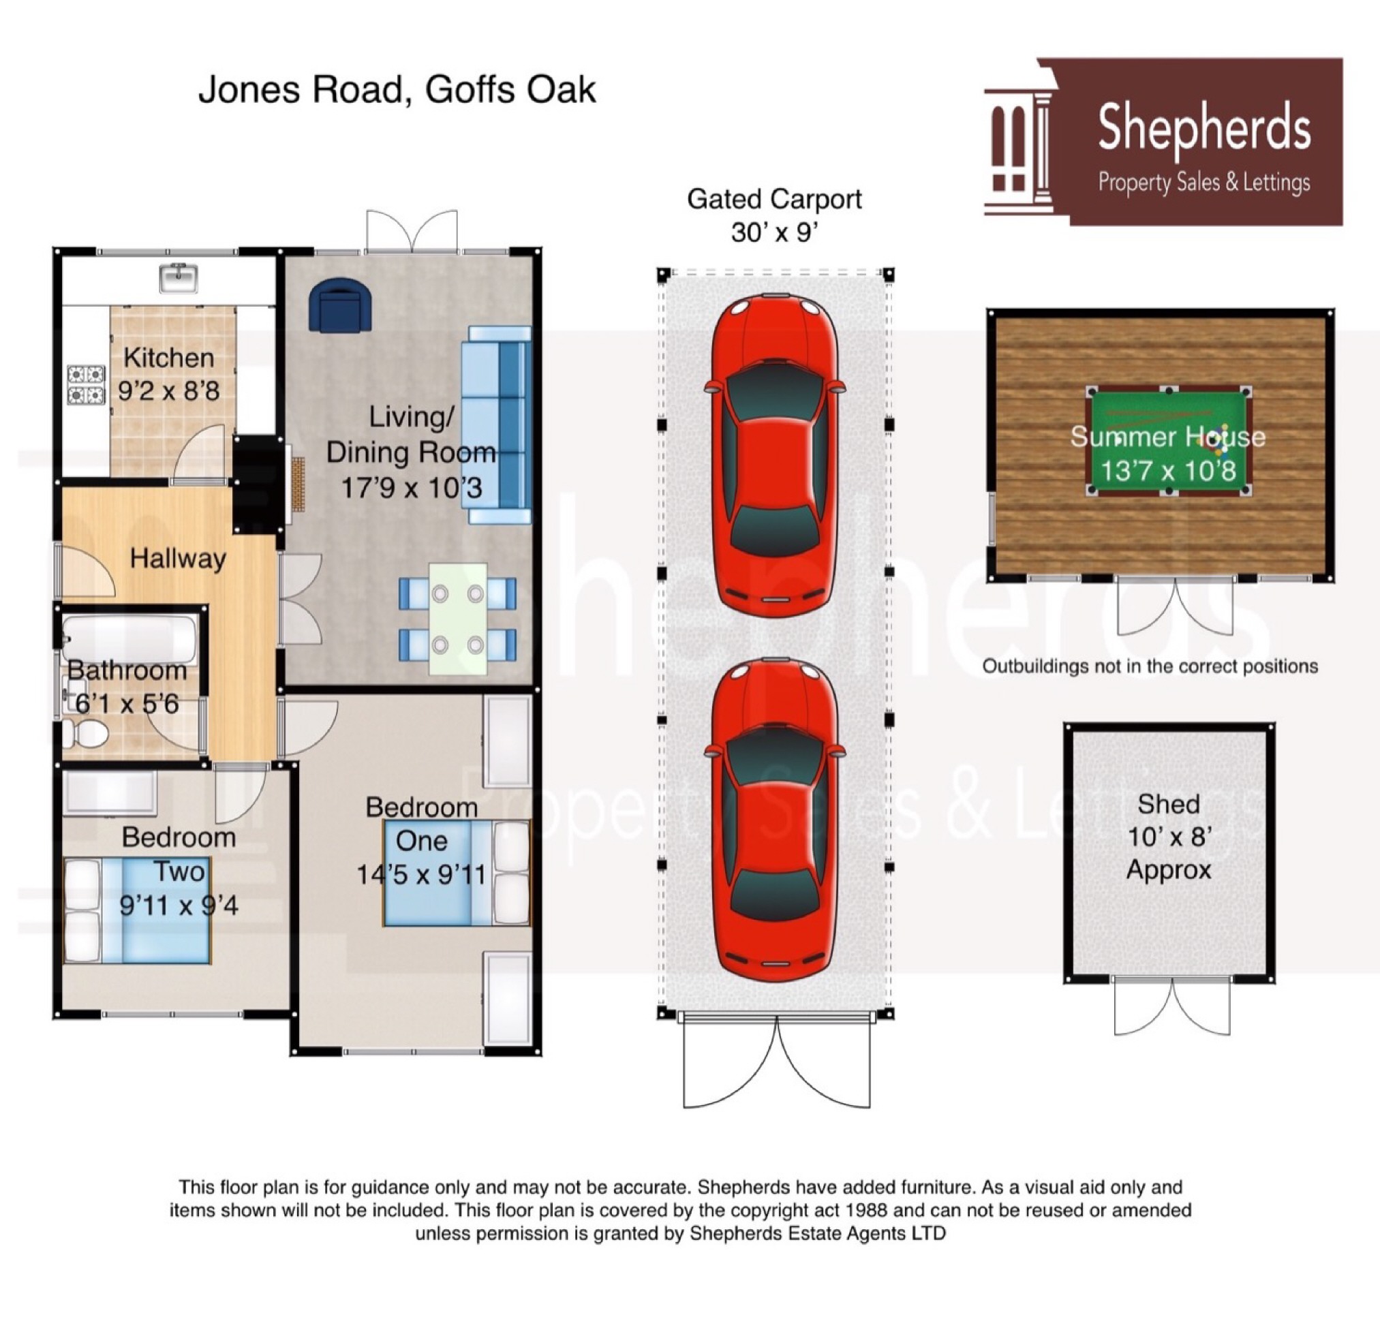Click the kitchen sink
pos(178,277)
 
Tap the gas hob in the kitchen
pos(86,384)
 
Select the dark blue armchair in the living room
pos(341,304)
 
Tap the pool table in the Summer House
pos(1167,441)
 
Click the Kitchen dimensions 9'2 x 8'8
pos(168,391)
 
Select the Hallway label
pos(177,559)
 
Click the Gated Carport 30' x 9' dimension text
pos(773,232)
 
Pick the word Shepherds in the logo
pos(1204,127)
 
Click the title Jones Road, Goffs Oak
pos(397,90)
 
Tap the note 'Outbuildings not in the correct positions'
pos(1150,666)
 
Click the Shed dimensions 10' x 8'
pos(1169,837)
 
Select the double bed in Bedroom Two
pos(137,910)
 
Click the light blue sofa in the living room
pos(497,424)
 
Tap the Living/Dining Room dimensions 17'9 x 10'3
pos(411,488)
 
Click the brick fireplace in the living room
pos(298,484)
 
